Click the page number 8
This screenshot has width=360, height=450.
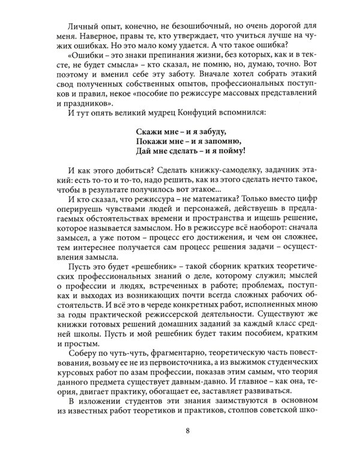pyautogui.click(x=188, y=430)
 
